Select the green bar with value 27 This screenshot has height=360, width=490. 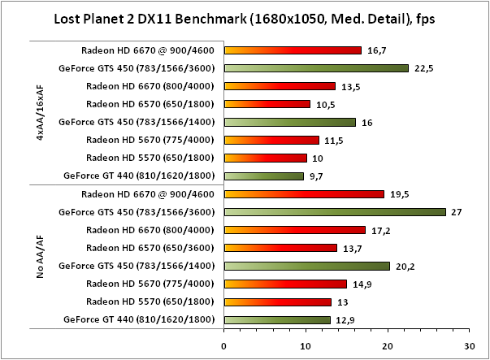coord(335,212)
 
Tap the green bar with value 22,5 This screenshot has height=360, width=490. coord(316,68)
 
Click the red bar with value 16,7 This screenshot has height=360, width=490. coord(293,50)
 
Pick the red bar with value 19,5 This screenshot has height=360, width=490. coord(304,194)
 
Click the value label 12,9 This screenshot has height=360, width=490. coord(346,319)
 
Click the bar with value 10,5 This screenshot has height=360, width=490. coord(267,104)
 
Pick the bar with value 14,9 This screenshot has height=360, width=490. coord(284,284)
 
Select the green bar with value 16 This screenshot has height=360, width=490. coord(289,122)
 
